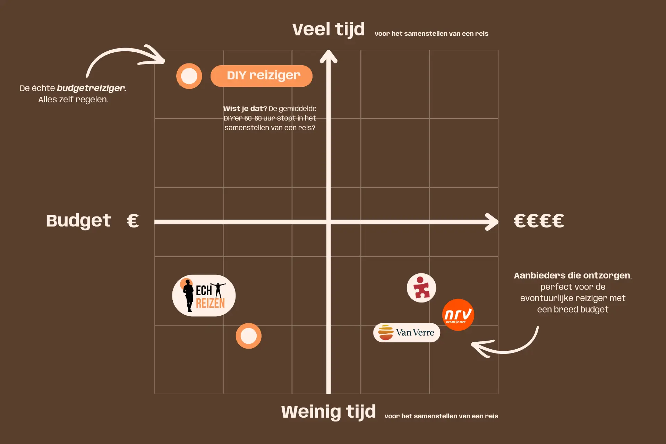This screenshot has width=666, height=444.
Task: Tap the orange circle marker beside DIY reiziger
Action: tap(189, 76)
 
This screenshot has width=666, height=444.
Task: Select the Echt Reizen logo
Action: tap(204, 296)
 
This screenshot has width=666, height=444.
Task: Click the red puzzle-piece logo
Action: tap(421, 288)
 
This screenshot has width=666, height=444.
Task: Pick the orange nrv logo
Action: tap(458, 315)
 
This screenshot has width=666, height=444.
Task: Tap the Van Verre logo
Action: tap(407, 333)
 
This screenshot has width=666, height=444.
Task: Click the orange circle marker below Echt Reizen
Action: tap(248, 336)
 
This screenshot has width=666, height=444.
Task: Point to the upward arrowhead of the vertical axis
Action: tap(328, 57)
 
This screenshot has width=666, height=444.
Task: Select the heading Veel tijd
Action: tap(328, 29)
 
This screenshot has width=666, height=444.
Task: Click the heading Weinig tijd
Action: tap(328, 412)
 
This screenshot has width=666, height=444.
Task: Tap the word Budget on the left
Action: tap(78, 221)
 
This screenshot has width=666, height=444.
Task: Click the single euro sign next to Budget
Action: tap(133, 221)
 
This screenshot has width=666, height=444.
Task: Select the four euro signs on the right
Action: tap(539, 221)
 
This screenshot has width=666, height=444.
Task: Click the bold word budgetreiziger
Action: tap(91, 88)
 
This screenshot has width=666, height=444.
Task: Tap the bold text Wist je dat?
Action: tap(245, 109)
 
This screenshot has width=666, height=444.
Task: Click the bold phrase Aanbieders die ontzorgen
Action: tap(572, 275)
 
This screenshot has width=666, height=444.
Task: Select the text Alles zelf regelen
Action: tap(73, 100)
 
